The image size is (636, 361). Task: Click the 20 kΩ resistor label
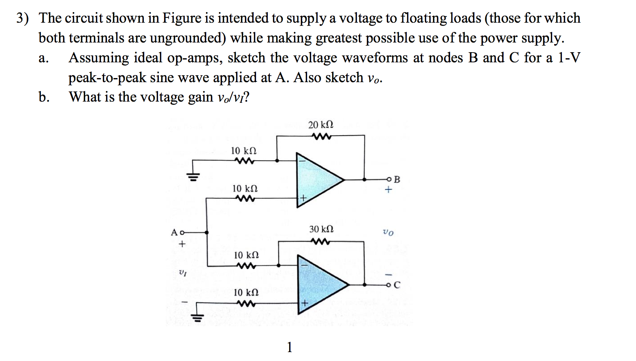point(320,125)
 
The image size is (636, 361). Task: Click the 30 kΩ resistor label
point(321,229)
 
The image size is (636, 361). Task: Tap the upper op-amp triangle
point(316,180)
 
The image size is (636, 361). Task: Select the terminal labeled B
point(389,179)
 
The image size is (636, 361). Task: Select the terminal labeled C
point(389,285)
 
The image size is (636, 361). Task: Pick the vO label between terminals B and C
point(388,232)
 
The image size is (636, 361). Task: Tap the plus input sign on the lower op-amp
point(304,303)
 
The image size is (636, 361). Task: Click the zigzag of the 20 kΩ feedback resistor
point(322,136)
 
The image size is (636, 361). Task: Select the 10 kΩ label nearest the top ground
point(243,151)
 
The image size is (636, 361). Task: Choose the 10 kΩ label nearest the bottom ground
point(246,293)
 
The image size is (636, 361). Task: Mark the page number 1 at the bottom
point(289,347)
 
